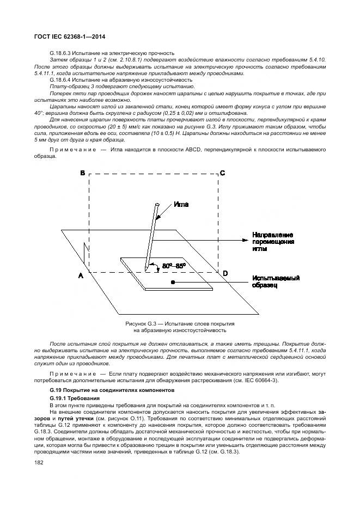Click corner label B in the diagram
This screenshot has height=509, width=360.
[83, 173]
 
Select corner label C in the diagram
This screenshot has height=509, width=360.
[222, 173]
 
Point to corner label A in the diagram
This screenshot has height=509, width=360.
[81, 275]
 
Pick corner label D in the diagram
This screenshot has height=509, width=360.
[225, 272]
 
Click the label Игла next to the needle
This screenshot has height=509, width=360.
[181, 205]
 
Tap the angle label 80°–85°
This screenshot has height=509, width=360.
[174, 265]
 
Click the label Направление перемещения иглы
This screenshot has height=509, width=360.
[273, 241]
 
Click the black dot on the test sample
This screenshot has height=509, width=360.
[173, 283]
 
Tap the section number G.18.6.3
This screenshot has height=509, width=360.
[63, 53]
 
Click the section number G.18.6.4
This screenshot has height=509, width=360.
[63, 80]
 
